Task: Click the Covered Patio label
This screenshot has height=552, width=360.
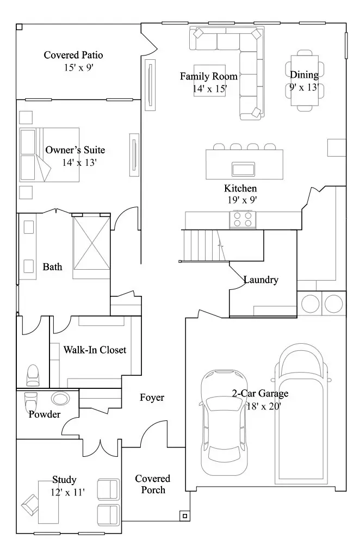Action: [x=73, y=55]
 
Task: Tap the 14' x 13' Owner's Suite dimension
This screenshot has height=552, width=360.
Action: [x=79, y=162]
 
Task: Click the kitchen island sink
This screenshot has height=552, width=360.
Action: [x=243, y=169]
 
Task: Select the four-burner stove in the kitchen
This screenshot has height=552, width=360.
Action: [x=243, y=219]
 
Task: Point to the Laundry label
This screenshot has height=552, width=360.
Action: [x=261, y=280]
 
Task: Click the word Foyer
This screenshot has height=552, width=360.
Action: [x=152, y=398]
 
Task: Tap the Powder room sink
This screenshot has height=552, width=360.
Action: [x=60, y=399]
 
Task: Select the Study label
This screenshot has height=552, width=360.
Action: [x=64, y=480]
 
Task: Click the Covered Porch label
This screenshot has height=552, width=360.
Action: [x=153, y=484]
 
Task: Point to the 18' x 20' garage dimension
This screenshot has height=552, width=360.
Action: [x=264, y=406]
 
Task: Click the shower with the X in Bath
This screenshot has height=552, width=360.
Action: [x=91, y=243]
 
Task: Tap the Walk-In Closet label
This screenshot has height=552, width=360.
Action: [x=95, y=350]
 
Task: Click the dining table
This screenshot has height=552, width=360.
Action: [x=305, y=80]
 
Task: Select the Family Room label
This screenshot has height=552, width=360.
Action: [x=209, y=76]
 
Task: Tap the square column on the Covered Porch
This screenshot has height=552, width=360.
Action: [x=185, y=516]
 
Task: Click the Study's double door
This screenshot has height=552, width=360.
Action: [x=100, y=447]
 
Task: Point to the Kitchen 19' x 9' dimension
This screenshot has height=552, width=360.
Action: [x=242, y=200]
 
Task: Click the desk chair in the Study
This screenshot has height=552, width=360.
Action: [x=30, y=505]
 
